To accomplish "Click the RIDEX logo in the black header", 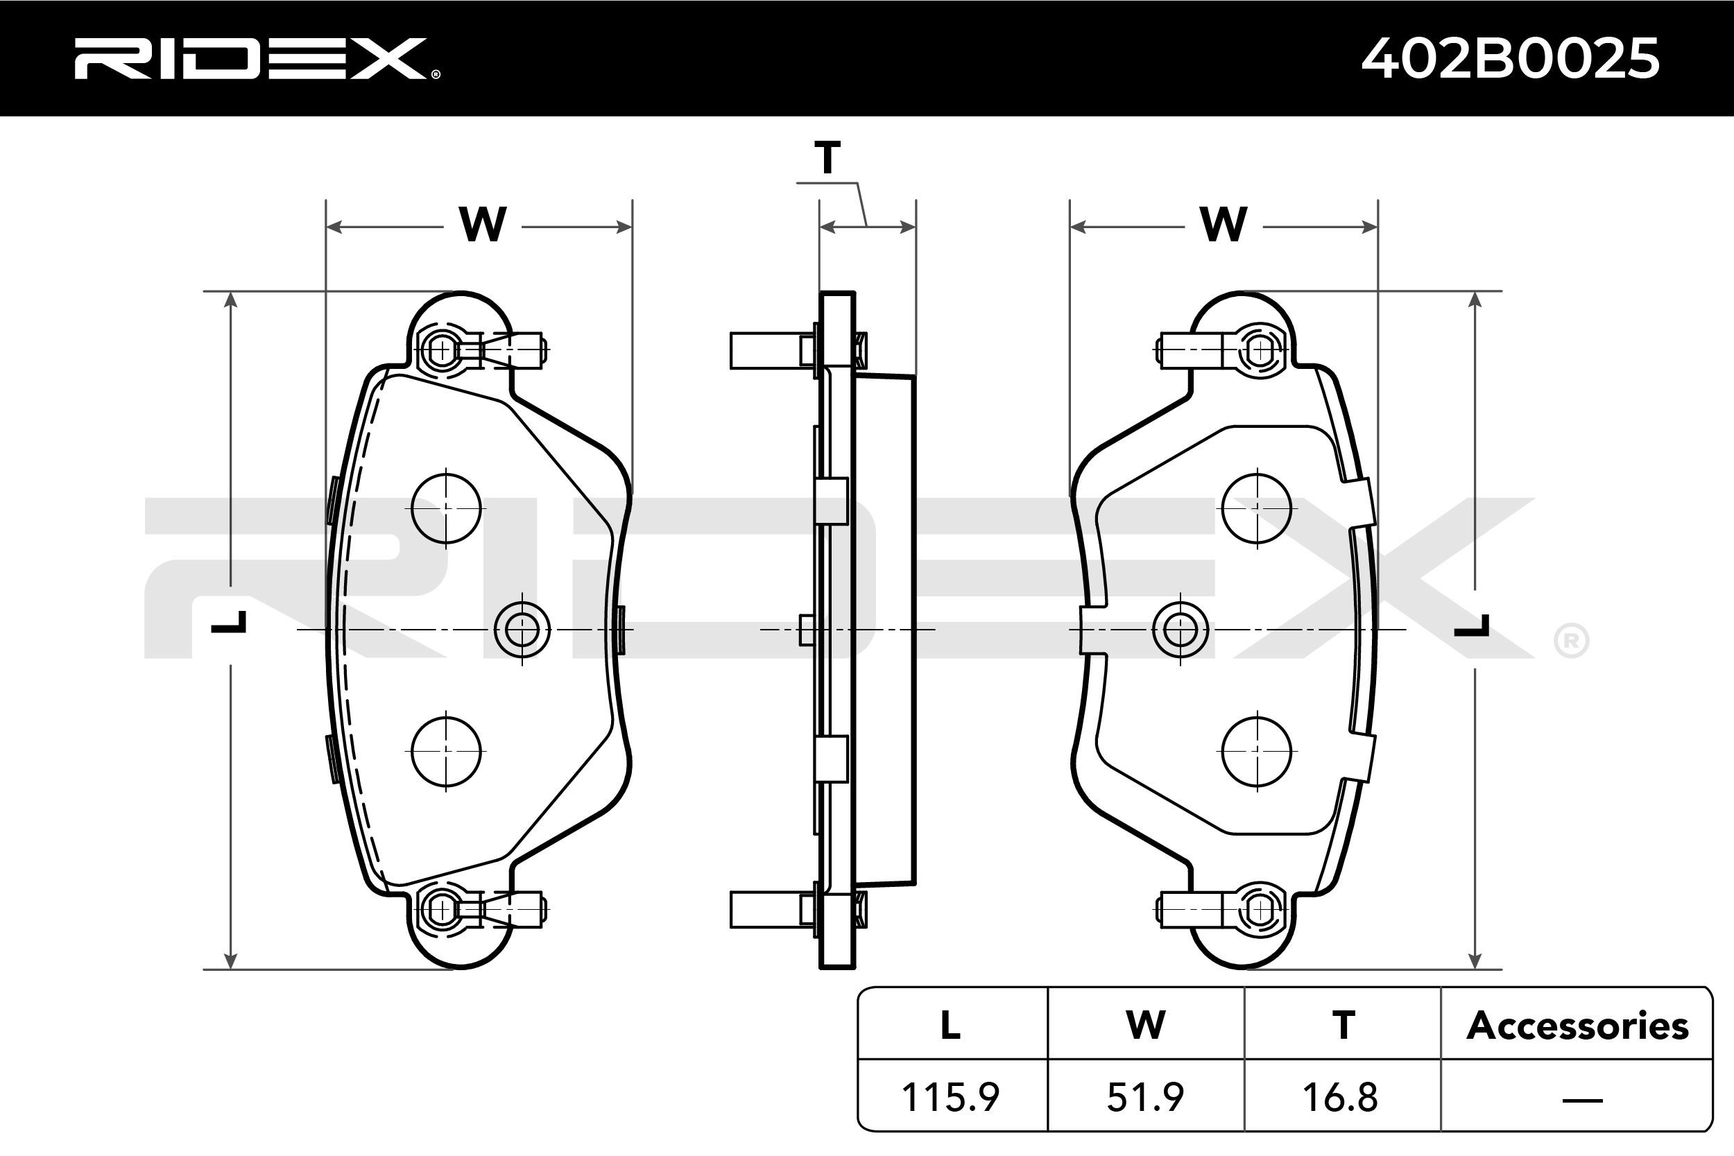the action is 256,59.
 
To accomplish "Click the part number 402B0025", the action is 1510,59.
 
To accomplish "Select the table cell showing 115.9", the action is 950,1098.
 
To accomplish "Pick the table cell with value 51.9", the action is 1145,1098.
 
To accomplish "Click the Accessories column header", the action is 1577,1026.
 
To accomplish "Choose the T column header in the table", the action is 1343,1026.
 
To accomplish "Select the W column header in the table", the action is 1146,1026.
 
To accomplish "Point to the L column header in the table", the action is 950,1026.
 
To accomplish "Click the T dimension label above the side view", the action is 827,159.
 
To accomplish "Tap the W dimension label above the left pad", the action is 482,224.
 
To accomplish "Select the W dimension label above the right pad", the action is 1223,224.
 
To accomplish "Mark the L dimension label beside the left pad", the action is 230,623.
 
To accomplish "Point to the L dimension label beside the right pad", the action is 1473,627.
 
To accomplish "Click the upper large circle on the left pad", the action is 446,508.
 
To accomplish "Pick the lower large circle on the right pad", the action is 1256,751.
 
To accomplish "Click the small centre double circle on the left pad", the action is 522,629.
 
